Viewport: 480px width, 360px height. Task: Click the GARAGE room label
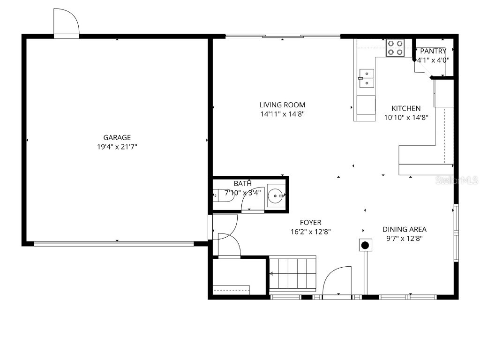(117, 137)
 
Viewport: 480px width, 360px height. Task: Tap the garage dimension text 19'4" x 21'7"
(117, 147)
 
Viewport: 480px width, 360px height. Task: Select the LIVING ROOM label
(282, 105)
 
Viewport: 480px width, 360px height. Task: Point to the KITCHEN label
(406, 108)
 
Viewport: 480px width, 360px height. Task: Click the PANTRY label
(433, 51)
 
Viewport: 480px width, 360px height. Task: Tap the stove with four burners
(395, 48)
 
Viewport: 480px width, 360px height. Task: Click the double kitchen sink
(367, 78)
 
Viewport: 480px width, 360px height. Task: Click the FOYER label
(311, 222)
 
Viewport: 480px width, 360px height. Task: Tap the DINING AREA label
(405, 229)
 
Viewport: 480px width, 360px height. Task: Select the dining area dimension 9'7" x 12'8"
(405, 239)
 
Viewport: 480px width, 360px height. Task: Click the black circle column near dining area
(365, 245)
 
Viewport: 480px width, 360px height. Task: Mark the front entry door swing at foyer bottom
(337, 281)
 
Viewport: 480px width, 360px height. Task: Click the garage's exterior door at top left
(66, 23)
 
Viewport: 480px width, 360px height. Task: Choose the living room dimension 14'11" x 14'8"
(282, 114)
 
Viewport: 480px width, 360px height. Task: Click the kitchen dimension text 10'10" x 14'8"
(406, 118)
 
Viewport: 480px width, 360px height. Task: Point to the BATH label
(243, 183)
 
